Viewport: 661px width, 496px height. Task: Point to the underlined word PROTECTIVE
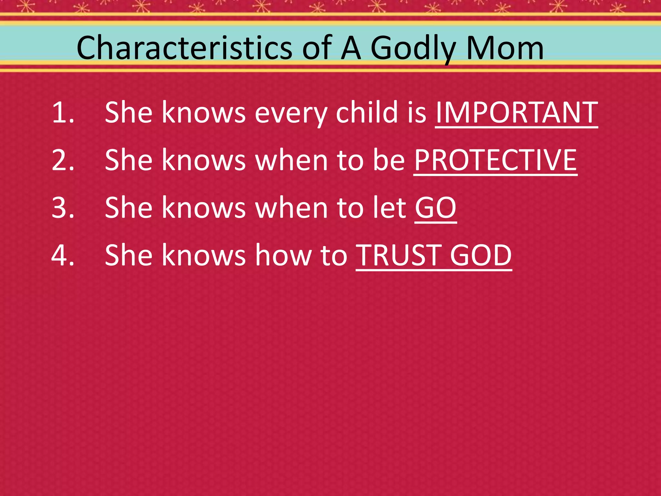tap(495, 160)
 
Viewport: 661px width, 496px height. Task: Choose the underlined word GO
tap(435, 208)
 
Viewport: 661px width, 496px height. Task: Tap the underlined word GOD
tap(481, 255)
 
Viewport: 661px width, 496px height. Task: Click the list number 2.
tap(63, 160)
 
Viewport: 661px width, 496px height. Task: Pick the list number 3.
tap(63, 208)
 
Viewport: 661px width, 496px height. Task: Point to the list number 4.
tap(63, 255)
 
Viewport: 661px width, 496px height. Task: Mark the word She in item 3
tap(128, 208)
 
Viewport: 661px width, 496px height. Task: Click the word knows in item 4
tap(204, 255)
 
